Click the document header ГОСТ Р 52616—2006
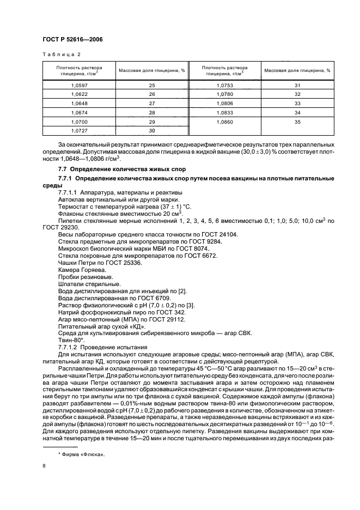click(72, 40)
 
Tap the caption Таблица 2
click(61, 54)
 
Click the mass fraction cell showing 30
click(152, 131)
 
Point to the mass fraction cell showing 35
click(297, 123)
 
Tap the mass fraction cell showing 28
click(152, 113)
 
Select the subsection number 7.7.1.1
click(69, 193)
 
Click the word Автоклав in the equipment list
click(72, 200)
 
